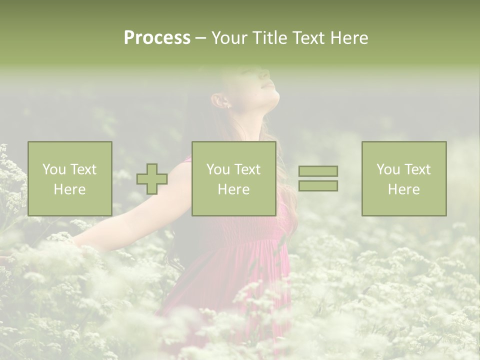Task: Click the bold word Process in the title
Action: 157,38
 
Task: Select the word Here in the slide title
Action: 348,38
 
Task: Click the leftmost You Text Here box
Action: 69,178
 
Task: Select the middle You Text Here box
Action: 233,178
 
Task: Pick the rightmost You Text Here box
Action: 403,178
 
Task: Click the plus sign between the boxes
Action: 152,179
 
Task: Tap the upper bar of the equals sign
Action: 318,171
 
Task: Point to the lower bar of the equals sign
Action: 318,185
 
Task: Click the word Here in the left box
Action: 69,189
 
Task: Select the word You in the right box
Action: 387,169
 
